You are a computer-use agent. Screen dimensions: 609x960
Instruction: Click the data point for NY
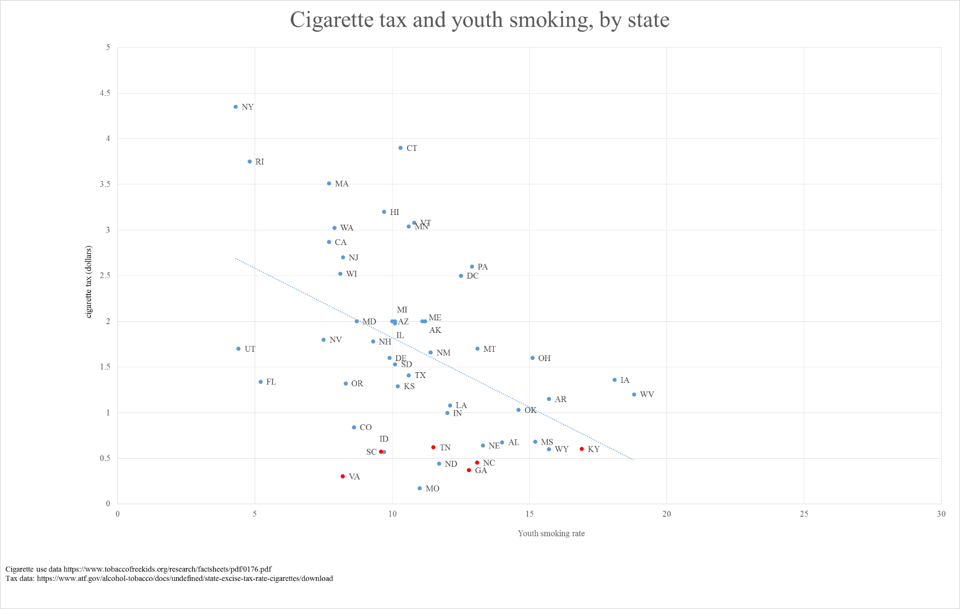236,107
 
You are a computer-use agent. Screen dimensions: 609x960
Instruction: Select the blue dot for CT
400,148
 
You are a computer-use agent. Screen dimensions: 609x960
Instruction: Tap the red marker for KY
582,449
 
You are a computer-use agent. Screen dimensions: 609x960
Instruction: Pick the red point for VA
342,477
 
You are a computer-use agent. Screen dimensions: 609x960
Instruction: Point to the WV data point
634,395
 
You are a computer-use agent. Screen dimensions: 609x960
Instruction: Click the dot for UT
238,349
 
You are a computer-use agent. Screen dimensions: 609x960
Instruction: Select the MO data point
420,488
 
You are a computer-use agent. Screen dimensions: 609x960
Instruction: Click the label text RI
260,162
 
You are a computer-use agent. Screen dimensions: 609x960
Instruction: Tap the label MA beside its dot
342,183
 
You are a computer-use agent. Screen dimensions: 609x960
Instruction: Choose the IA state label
625,380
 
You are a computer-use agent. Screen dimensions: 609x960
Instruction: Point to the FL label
271,382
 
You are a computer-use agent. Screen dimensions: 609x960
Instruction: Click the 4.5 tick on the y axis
105,93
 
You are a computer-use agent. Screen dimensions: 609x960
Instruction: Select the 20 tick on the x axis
667,514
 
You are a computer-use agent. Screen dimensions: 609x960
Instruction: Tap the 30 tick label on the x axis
941,514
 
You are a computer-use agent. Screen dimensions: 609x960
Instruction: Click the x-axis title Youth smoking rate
551,533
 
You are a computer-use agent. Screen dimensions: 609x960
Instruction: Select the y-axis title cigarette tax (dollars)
88,281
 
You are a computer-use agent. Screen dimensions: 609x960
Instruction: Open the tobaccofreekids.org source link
167,569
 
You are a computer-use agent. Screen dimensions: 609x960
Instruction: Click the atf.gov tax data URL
185,578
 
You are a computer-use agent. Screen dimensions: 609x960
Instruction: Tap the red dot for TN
433,447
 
